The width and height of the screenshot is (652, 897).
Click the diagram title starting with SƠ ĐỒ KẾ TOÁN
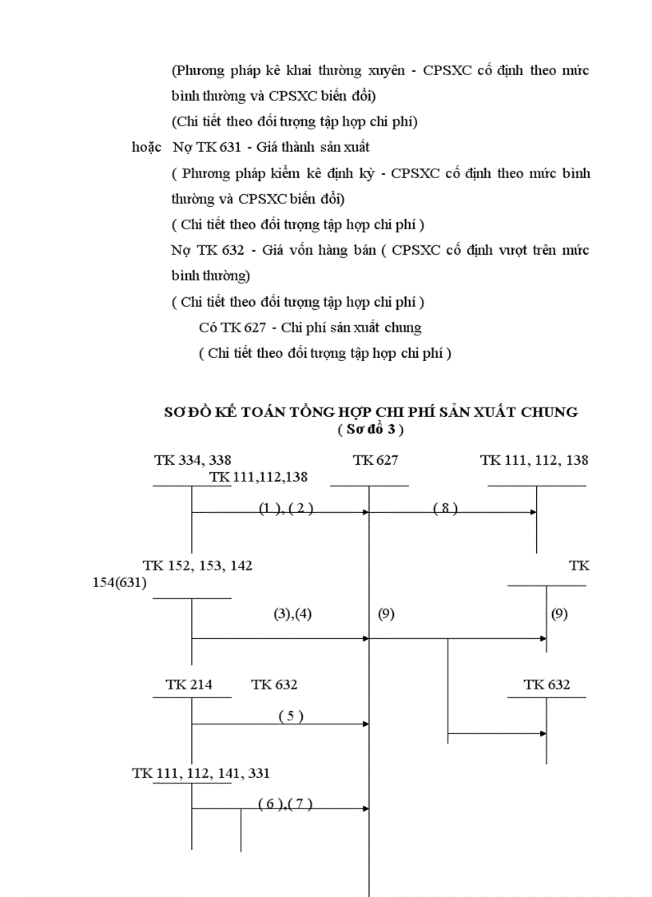click(371, 412)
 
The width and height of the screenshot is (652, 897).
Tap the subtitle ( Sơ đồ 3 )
click(370, 429)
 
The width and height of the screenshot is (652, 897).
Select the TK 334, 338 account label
click(193, 460)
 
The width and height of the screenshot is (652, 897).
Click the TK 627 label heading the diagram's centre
click(375, 460)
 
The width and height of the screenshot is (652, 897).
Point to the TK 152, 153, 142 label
click(197, 566)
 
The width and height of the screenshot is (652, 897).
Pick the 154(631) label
click(119, 582)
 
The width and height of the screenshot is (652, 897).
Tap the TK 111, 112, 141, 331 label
click(201, 772)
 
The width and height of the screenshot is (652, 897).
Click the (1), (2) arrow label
click(284, 509)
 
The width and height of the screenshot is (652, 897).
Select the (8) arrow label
click(445, 509)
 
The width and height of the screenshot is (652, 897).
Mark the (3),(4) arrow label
click(292, 613)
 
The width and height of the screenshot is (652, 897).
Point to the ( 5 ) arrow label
click(291, 716)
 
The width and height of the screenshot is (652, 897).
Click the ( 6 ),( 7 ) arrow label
click(284, 804)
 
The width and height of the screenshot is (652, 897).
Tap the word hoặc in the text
click(146, 148)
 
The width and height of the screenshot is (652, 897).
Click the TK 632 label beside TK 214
click(274, 685)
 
